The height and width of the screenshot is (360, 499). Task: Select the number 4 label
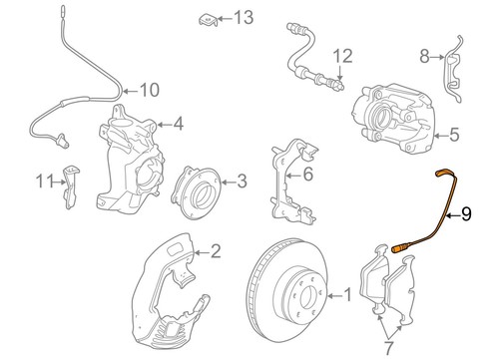178,125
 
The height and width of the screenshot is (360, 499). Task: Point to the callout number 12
343,55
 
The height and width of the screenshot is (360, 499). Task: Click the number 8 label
423,58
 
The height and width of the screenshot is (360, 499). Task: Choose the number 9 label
466,213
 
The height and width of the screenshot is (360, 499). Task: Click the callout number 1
347,294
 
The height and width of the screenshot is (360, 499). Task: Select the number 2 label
214,251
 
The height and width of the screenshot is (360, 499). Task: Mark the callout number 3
241,180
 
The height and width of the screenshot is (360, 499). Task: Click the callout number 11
42,180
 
